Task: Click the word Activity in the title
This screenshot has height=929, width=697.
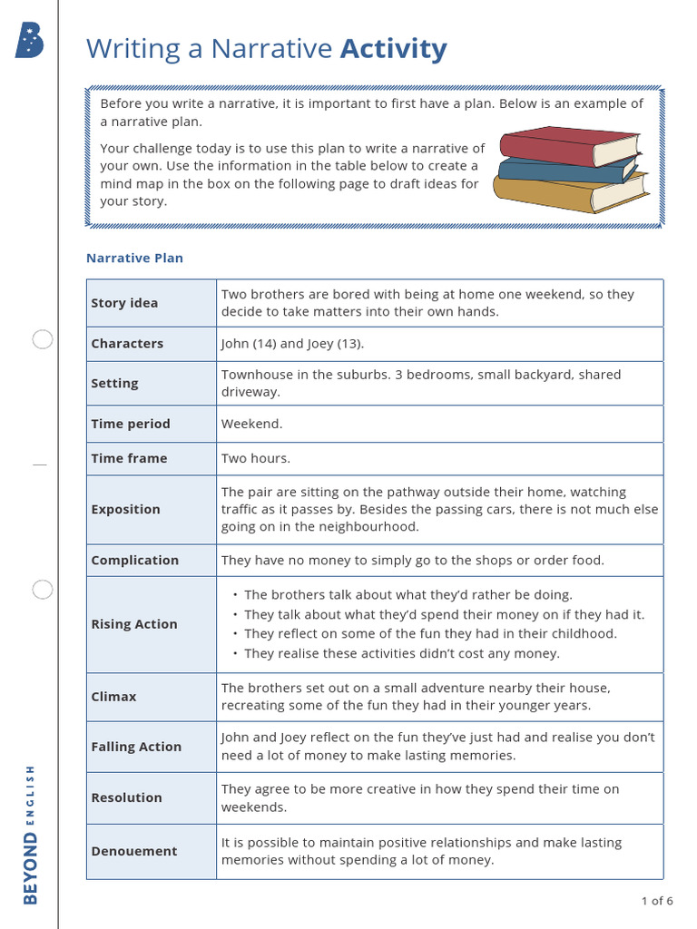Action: tap(393, 49)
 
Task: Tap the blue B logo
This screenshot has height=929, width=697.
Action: tap(29, 42)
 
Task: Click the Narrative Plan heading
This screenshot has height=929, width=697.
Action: tap(134, 258)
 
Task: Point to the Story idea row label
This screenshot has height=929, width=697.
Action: tap(124, 303)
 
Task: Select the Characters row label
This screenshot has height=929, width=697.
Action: tap(127, 344)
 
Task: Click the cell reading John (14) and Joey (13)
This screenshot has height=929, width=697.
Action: tap(292, 344)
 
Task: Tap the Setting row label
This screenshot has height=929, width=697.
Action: tap(114, 384)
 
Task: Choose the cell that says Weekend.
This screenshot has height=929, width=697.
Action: tap(252, 424)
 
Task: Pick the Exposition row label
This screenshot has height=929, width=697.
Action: tap(125, 509)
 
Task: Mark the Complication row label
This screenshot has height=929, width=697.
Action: tap(134, 560)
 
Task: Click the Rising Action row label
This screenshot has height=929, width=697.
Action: tap(134, 624)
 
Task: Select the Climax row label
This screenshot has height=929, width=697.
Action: tap(113, 697)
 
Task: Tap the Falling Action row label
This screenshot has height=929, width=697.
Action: tap(136, 747)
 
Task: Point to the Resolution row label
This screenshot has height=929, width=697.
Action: tap(126, 797)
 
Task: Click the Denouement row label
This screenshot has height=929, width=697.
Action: tap(134, 851)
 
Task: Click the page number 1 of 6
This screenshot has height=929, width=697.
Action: tap(656, 901)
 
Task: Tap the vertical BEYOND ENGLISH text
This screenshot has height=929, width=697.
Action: tap(31, 834)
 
